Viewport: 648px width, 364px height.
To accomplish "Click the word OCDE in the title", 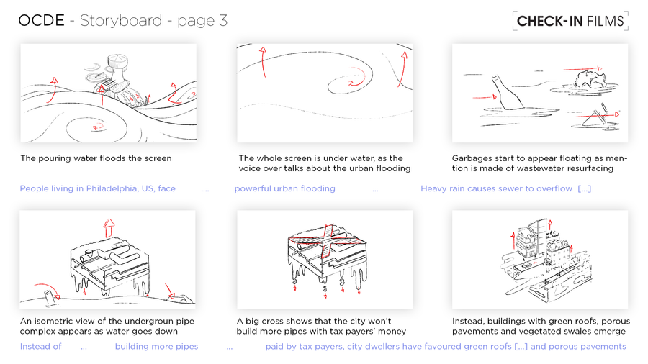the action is [41, 20].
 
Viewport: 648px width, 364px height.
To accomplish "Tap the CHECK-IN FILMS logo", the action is [570, 21].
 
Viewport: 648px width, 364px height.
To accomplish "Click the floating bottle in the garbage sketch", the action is [507, 93].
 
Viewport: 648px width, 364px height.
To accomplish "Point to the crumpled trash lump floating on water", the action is [588, 80].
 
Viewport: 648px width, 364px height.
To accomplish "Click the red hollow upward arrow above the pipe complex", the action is [109, 228].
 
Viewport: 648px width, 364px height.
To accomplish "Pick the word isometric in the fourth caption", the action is [57, 321].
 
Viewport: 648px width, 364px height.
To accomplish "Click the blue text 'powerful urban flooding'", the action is [284, 188].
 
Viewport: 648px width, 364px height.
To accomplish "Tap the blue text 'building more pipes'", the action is [157, 346].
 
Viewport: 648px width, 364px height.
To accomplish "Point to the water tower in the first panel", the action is [117, 71].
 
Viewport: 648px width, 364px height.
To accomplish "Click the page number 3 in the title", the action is [223, 21].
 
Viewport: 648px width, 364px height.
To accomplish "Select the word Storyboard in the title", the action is [121, 20].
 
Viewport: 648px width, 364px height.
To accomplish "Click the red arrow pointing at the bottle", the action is [485, 97].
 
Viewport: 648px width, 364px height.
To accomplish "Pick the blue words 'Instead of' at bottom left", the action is [40, 346].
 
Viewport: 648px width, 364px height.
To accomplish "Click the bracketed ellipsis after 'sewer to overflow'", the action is [585, 188].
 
